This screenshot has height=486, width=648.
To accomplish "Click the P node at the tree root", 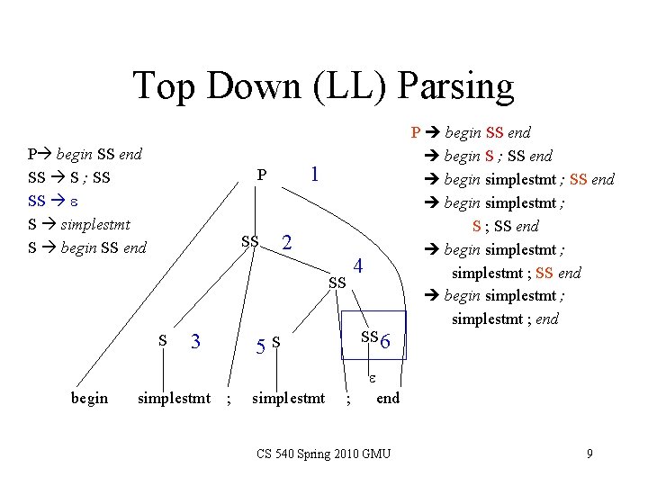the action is pyautogui.click(x=261, y=175).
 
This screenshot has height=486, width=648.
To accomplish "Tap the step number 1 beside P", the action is pyautogui.click(x=314, y=173).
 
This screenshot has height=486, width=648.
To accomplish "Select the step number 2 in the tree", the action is pyautogui.click(x=286, y=243).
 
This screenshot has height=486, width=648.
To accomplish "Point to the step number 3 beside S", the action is pyautogui.click(x=195, y=341).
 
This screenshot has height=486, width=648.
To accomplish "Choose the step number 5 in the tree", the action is pyautogui.click(x=260, y=345).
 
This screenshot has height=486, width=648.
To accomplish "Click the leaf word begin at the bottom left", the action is pyautogui.click(x=89, y=398).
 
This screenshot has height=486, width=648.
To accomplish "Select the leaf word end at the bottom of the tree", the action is pyautogui.click(x=388, y=398).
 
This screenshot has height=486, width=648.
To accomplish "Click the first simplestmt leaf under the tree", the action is pyautogui.click(x=174, y=398).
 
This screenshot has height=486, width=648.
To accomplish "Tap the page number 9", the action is pyautogui.click(x=589, y=454).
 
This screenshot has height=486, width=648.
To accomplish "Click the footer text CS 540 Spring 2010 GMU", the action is pyautogui.click(x=322, y=454).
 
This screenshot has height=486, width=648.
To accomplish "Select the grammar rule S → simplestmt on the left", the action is pyautogui.click(x=80, y=224).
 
